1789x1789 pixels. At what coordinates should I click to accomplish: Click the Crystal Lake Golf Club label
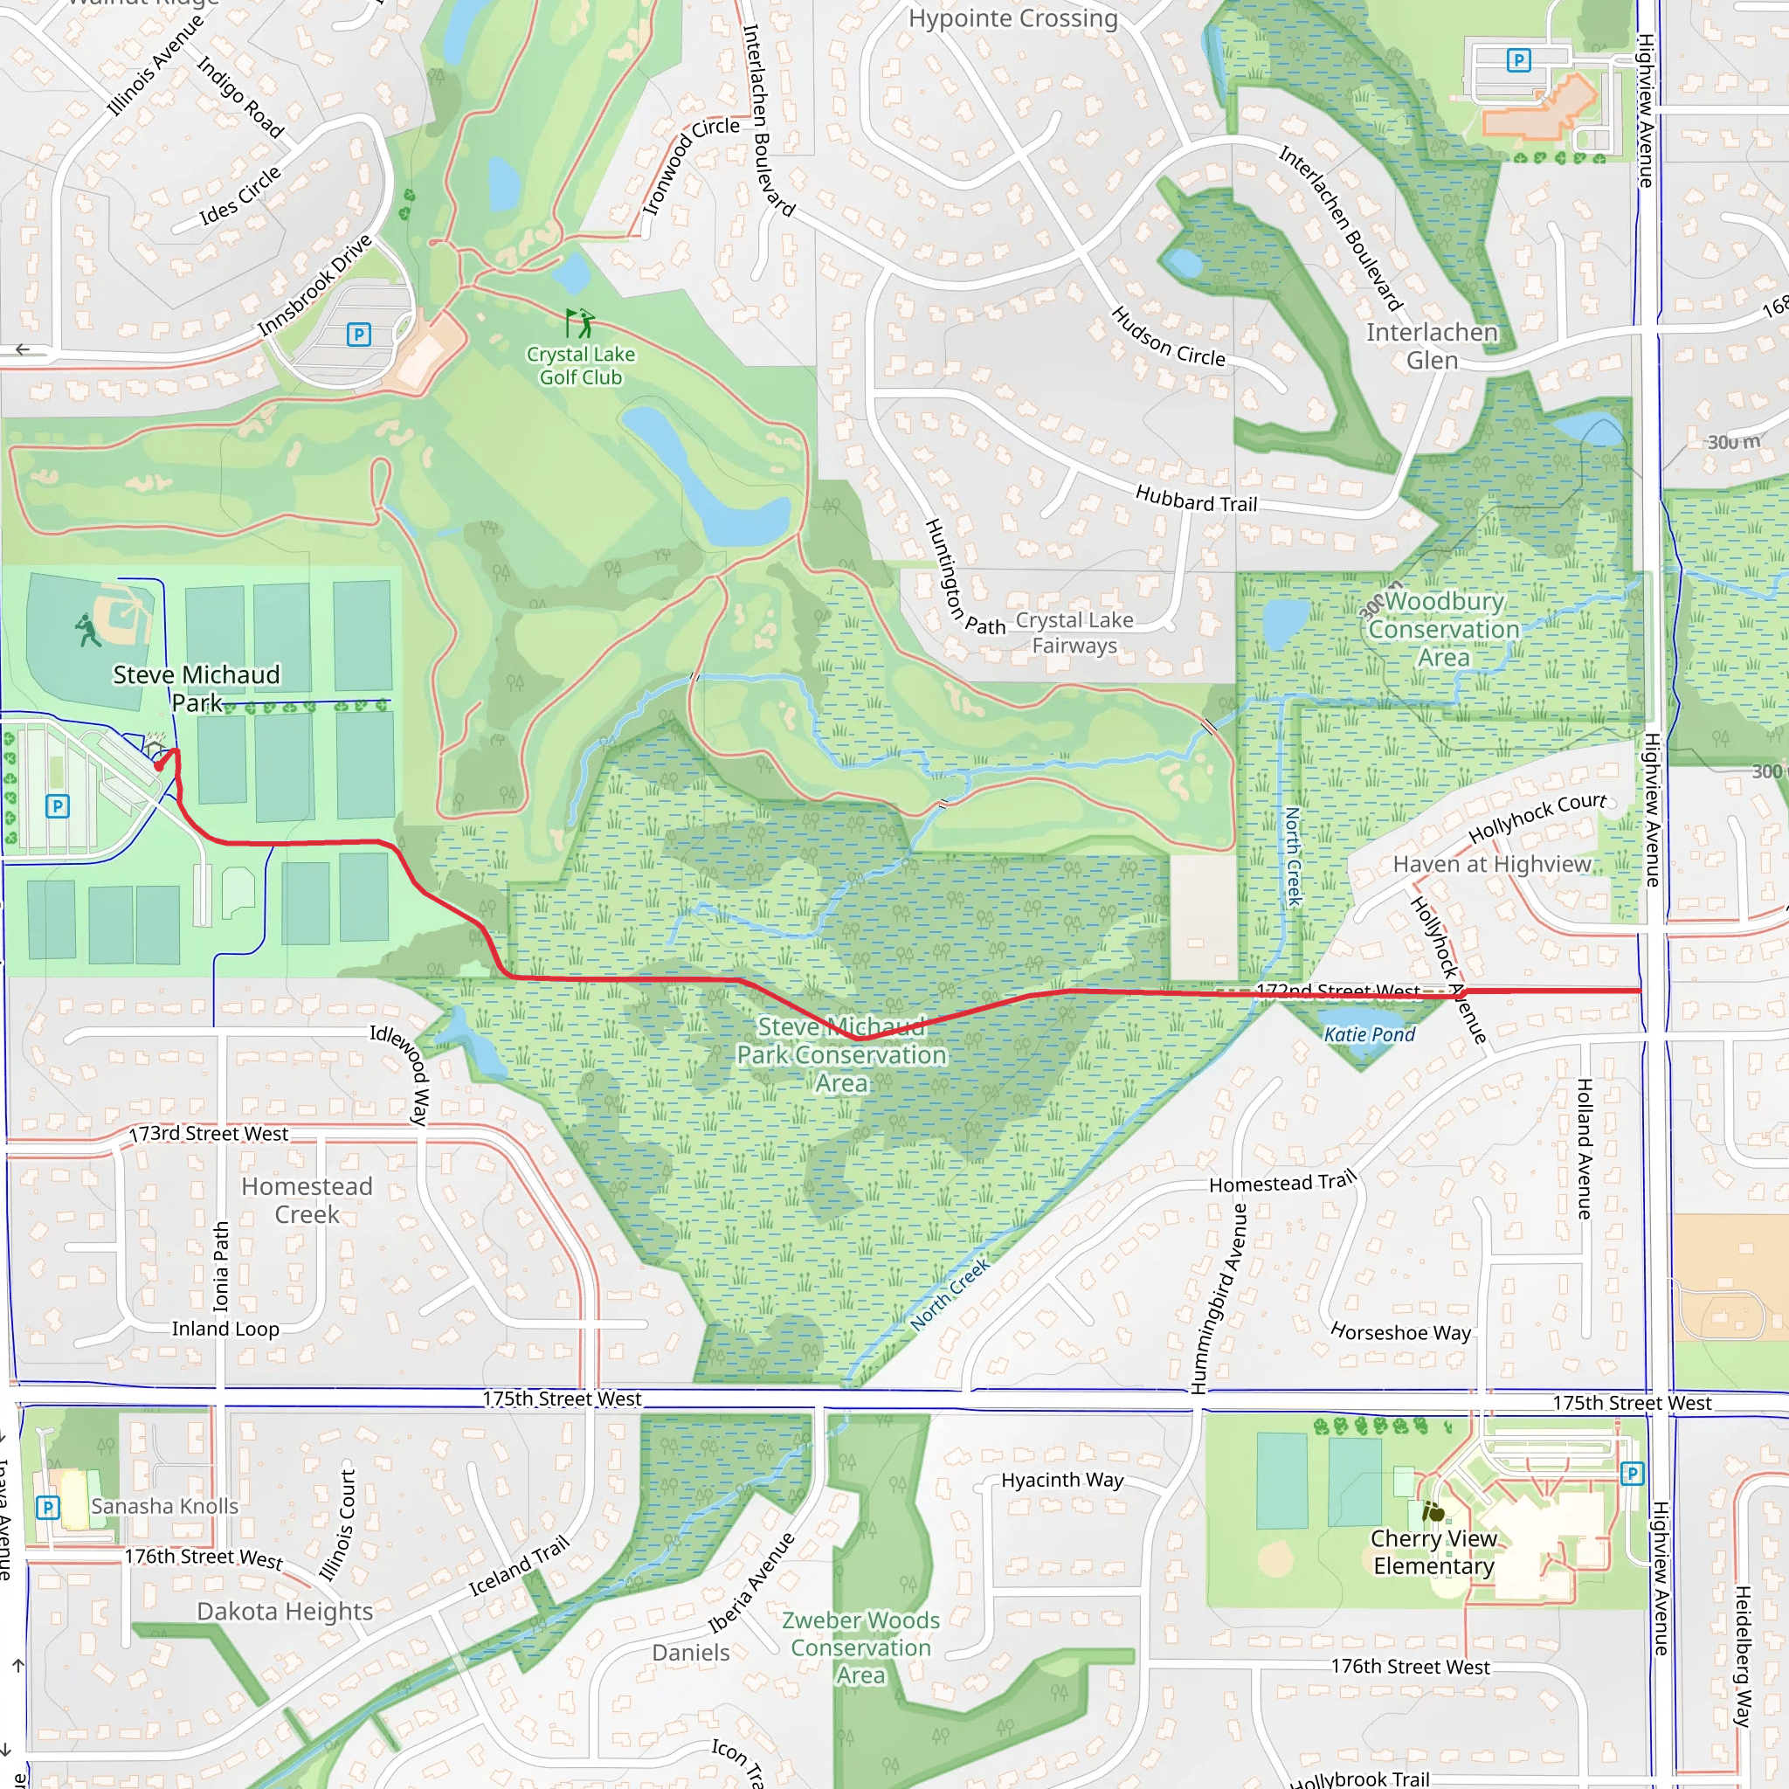581,366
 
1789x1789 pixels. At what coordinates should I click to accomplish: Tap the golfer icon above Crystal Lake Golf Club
580,323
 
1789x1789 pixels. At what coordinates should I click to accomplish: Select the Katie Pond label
1370,1034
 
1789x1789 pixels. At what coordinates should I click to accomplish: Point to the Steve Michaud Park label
197,688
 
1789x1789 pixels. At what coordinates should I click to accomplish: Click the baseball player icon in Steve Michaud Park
88,631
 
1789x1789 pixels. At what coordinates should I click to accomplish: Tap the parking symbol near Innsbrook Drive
358,335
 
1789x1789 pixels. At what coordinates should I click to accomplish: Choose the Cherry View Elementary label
1433,1552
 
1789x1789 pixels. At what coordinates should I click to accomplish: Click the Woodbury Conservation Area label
1444,629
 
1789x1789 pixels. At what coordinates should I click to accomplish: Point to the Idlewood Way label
400,1074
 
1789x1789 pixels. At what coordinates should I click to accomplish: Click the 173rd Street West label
209,1133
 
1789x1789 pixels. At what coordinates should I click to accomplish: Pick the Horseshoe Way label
1400,1332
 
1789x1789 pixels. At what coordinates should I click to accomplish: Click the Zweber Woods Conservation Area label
860,1647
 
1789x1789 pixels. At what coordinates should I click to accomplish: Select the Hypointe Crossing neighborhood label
1013,18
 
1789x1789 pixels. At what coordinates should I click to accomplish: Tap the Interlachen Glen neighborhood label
1432,346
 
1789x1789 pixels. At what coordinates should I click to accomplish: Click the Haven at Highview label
1492,864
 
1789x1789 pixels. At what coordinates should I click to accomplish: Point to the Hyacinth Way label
1062,1480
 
